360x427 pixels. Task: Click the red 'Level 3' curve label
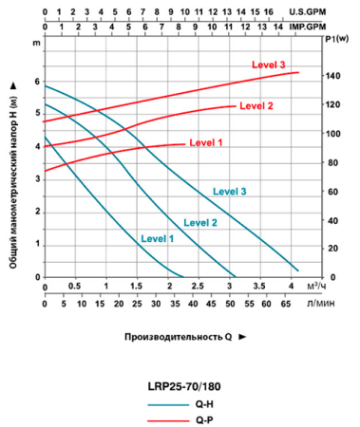[x=269, y=65]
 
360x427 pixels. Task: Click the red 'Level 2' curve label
[x=256, y=105]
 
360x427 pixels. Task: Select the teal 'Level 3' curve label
[x=230, y=191]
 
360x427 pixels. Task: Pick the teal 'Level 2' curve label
[x=199, y=222]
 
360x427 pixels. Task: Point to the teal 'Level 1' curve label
[x=157, y=238]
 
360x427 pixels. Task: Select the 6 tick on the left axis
[x=37, y=82]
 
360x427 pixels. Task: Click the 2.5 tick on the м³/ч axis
[x=198, y=286]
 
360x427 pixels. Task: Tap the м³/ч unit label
[x=317, y=286]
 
